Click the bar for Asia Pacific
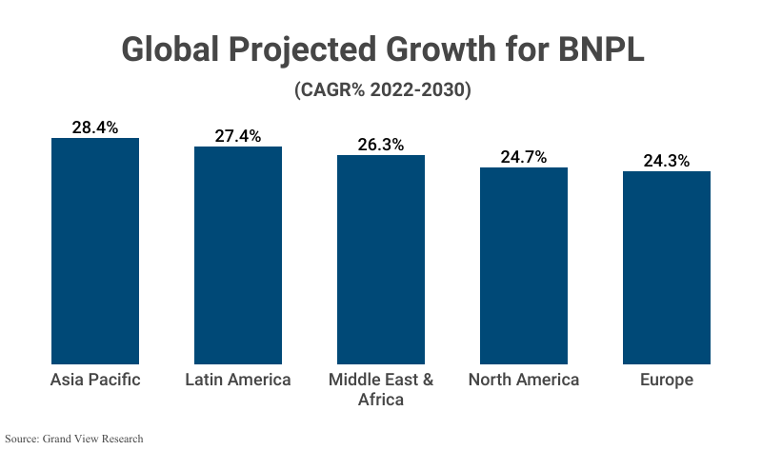pyautogui.click(x=95, y=251)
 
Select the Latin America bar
pyautogui.click(x=238, y=255)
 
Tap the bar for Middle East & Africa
pyautogui.click(x=381, y=260)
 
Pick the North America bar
pyautogui.click(x=524, y=265)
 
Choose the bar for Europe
pyautogui.click(x=667, y=267)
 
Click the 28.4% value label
pyautogui.click(x=95, y=127)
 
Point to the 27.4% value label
pyautogui.click(x=238, y=136)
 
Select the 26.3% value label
pyautogui.click(x=381, y=145)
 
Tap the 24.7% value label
pyautogui.click(x=524, y=157)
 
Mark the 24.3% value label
pyautogui.click(x=667, y=161)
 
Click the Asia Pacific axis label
pyautogui.click(x=95, y=380)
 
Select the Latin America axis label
pyautogui.click(x=238, y=380)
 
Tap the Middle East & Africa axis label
pyautogui.click(x=381, y=389)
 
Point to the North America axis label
pyautogui.click(x=524, y=380)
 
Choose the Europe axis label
pyautogui.click(x=667, y=380)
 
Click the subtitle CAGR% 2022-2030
pyautogui.click(x=381, y=90)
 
